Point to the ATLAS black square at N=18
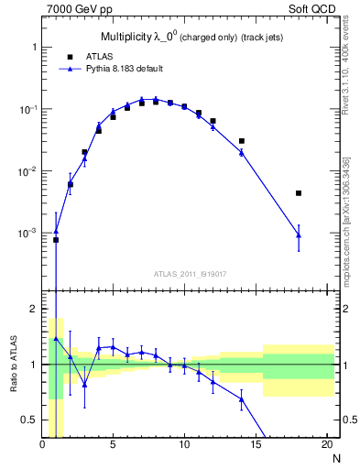(299, 193)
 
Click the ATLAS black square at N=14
(242, 141)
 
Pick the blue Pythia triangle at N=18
(299, 235)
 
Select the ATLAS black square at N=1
(56, 240)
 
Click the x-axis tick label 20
(326, 446)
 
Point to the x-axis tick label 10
(184, 446)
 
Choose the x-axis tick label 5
(113, 446)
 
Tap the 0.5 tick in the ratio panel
(30, 420)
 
